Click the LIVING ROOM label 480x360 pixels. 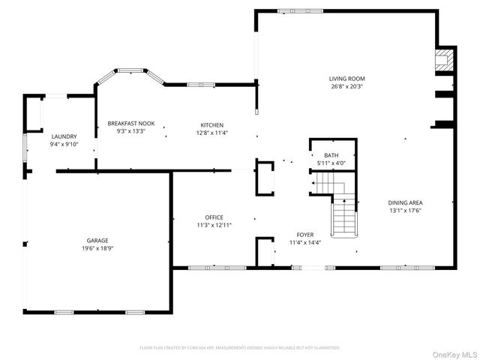(x=346, y=78)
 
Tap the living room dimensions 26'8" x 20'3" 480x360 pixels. (x=346, y=85)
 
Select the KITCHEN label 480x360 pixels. (x=211, y=124)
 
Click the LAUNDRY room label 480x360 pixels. (x=64, y=136)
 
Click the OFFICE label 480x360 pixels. (x=214, y=217)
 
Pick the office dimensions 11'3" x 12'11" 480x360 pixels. (x=214, y=225)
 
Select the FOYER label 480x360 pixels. (x=305, y=235)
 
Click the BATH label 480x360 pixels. (x=331, y=155)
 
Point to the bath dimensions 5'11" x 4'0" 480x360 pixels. (x=331, y=163)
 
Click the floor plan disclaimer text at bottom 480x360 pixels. (x=240, y=348)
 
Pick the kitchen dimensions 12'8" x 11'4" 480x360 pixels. (x=211, y=133)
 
